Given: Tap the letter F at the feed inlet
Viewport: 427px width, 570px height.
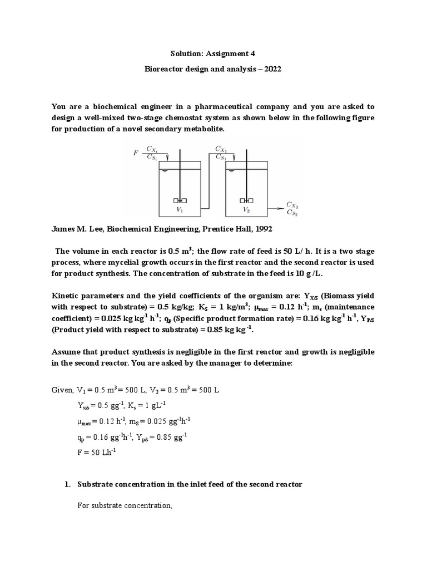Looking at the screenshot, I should pyautogui.click(x=135, y=152).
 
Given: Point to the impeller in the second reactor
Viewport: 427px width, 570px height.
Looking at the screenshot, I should pyautogui.click(x=246, y=200).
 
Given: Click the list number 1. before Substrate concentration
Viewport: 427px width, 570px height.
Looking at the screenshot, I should pyautogui.click(x=69, y=484).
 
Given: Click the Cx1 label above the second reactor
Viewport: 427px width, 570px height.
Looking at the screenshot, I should pyautogui.click(x=222, y=149).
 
